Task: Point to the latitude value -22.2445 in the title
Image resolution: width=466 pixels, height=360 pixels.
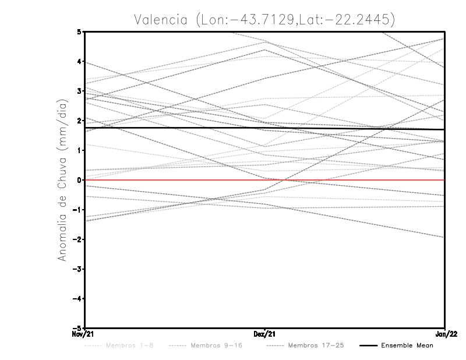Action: (x=358, y=19)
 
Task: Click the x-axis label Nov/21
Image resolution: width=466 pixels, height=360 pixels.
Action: (x=83, y=334)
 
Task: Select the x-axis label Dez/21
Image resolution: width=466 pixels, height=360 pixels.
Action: (x=264, y=334)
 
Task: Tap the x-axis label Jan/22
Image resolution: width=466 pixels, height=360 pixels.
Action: (x=445, y=334)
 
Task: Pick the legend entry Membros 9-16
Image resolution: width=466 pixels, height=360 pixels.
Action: (x=216, y=345)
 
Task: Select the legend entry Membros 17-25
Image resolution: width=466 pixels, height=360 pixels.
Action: (x=316, y=345)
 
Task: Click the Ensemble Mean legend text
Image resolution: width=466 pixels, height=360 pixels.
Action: (x=407, y=345)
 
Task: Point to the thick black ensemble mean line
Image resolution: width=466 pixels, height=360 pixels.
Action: (x=175, y=128)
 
